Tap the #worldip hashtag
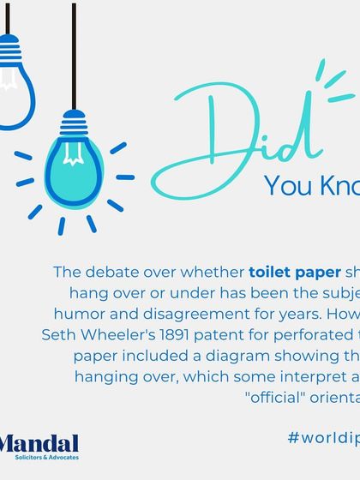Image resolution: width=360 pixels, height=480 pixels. (x=323, y=437)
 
